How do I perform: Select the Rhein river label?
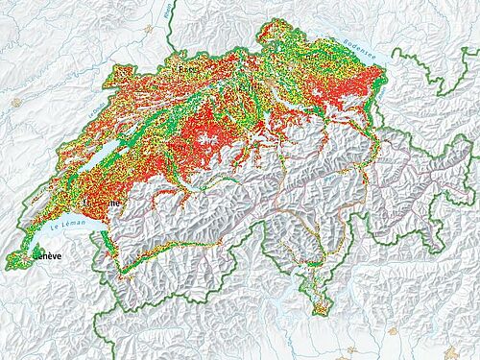click(x=170, y=12)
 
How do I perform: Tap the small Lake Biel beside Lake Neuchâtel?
click(x=143, y=134)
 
